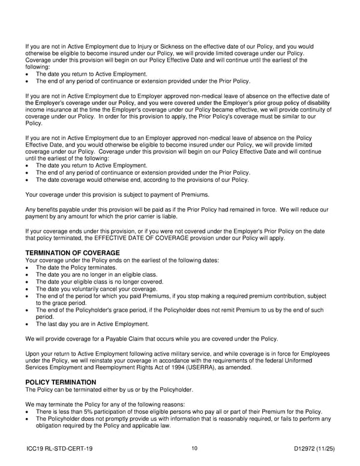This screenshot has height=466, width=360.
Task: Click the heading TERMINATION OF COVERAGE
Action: tap(73, 253)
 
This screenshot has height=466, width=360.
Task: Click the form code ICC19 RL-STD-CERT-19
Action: tap(59, 448)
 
